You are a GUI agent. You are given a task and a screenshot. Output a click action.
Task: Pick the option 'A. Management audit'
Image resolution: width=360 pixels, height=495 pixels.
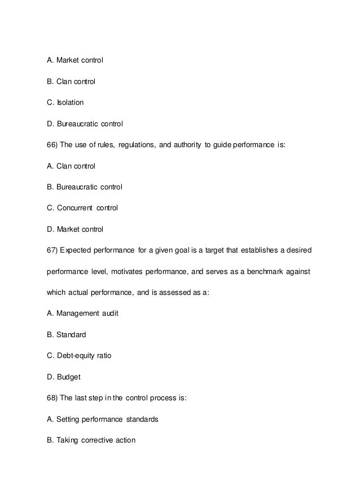pos(82,313)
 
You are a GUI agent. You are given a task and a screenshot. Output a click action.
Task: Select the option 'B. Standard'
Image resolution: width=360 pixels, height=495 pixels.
pos(67,334)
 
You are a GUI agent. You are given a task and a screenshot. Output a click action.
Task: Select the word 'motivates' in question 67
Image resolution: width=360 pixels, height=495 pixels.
pos(144,271)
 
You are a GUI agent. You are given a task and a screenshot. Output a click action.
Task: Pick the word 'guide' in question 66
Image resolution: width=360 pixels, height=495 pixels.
pos(221,145)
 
